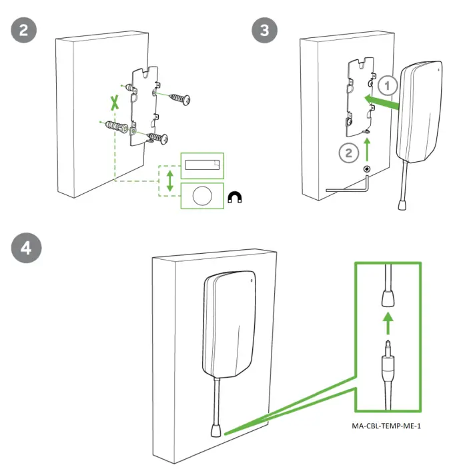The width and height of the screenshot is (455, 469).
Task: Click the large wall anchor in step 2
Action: click(x=115, y=127)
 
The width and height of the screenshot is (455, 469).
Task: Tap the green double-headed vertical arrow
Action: click(x=171, y=181)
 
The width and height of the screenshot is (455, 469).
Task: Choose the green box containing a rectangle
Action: click(x=203, y=165)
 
